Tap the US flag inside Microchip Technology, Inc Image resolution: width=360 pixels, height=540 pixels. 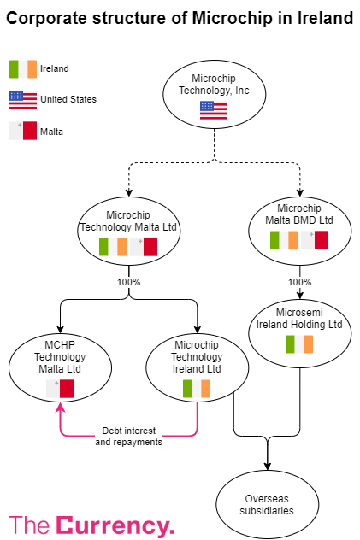pos(214,109)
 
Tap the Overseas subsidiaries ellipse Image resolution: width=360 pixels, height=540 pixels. pos(267,505)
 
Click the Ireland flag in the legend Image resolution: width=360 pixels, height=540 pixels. pos(22,69)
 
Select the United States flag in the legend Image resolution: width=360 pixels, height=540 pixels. pos(22,100)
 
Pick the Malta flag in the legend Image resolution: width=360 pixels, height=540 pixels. pos(22,131)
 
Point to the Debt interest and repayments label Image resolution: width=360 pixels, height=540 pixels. pos(128,436)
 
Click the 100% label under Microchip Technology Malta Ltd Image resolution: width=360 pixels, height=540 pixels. pos(129,281)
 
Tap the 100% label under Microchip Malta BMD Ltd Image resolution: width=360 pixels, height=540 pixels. pos(299,281)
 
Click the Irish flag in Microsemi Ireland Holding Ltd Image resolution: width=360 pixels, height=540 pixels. pos(299,344)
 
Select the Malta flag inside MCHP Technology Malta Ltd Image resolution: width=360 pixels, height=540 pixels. pos(60,389)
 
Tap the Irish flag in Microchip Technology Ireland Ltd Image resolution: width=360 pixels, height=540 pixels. pos(197,389)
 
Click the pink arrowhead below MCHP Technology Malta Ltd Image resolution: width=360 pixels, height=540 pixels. pos(60,408)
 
